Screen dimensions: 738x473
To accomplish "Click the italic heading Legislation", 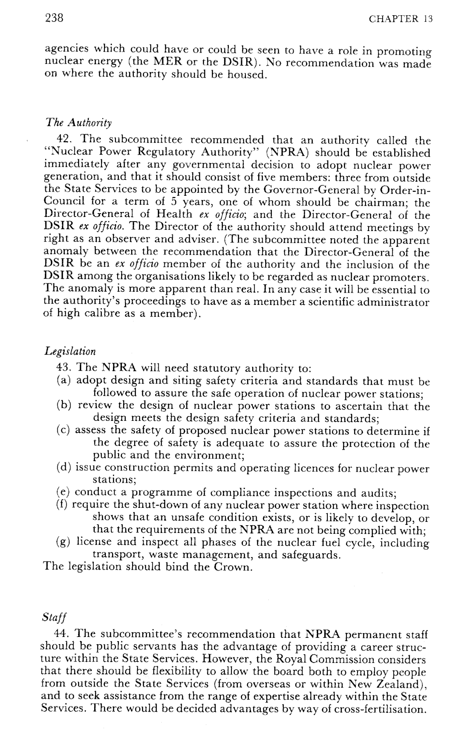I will point(70,351).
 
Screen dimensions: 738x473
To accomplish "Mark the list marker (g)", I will point(63,543).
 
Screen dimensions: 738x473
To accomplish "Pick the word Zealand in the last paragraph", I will point(401,684).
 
